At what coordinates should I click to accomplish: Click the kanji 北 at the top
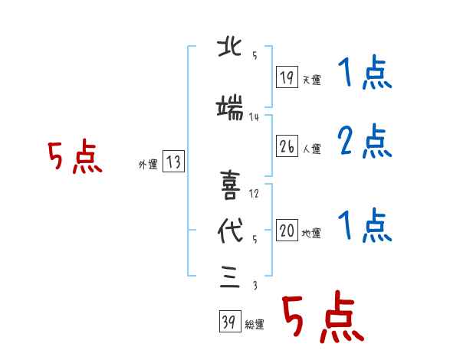pos(230,47)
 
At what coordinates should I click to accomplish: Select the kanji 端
pos(230,108)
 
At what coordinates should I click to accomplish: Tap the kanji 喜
pos(230,185)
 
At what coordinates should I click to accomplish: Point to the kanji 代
pos(230,231)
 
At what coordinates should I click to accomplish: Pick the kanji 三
pos(230,277)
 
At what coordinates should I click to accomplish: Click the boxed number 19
pos(287,77)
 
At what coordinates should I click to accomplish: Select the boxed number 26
pos(287,146)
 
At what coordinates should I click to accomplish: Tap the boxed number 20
pos(287,230)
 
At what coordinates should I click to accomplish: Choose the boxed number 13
pos(173,161)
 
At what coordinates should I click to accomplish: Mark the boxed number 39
pos(230,321)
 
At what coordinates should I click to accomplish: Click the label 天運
pos(311,80)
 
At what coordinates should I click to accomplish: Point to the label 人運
pos(311,149)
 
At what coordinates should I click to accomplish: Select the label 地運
pos(311,233)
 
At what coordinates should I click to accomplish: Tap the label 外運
pos(148,165)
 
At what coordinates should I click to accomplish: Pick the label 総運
pos(255,324)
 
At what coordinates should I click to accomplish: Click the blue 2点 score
pos(365,141)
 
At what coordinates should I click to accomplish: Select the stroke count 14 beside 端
pos(254,117)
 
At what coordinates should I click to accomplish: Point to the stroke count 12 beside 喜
pos(254,194)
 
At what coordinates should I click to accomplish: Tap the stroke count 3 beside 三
pos(255,285)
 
